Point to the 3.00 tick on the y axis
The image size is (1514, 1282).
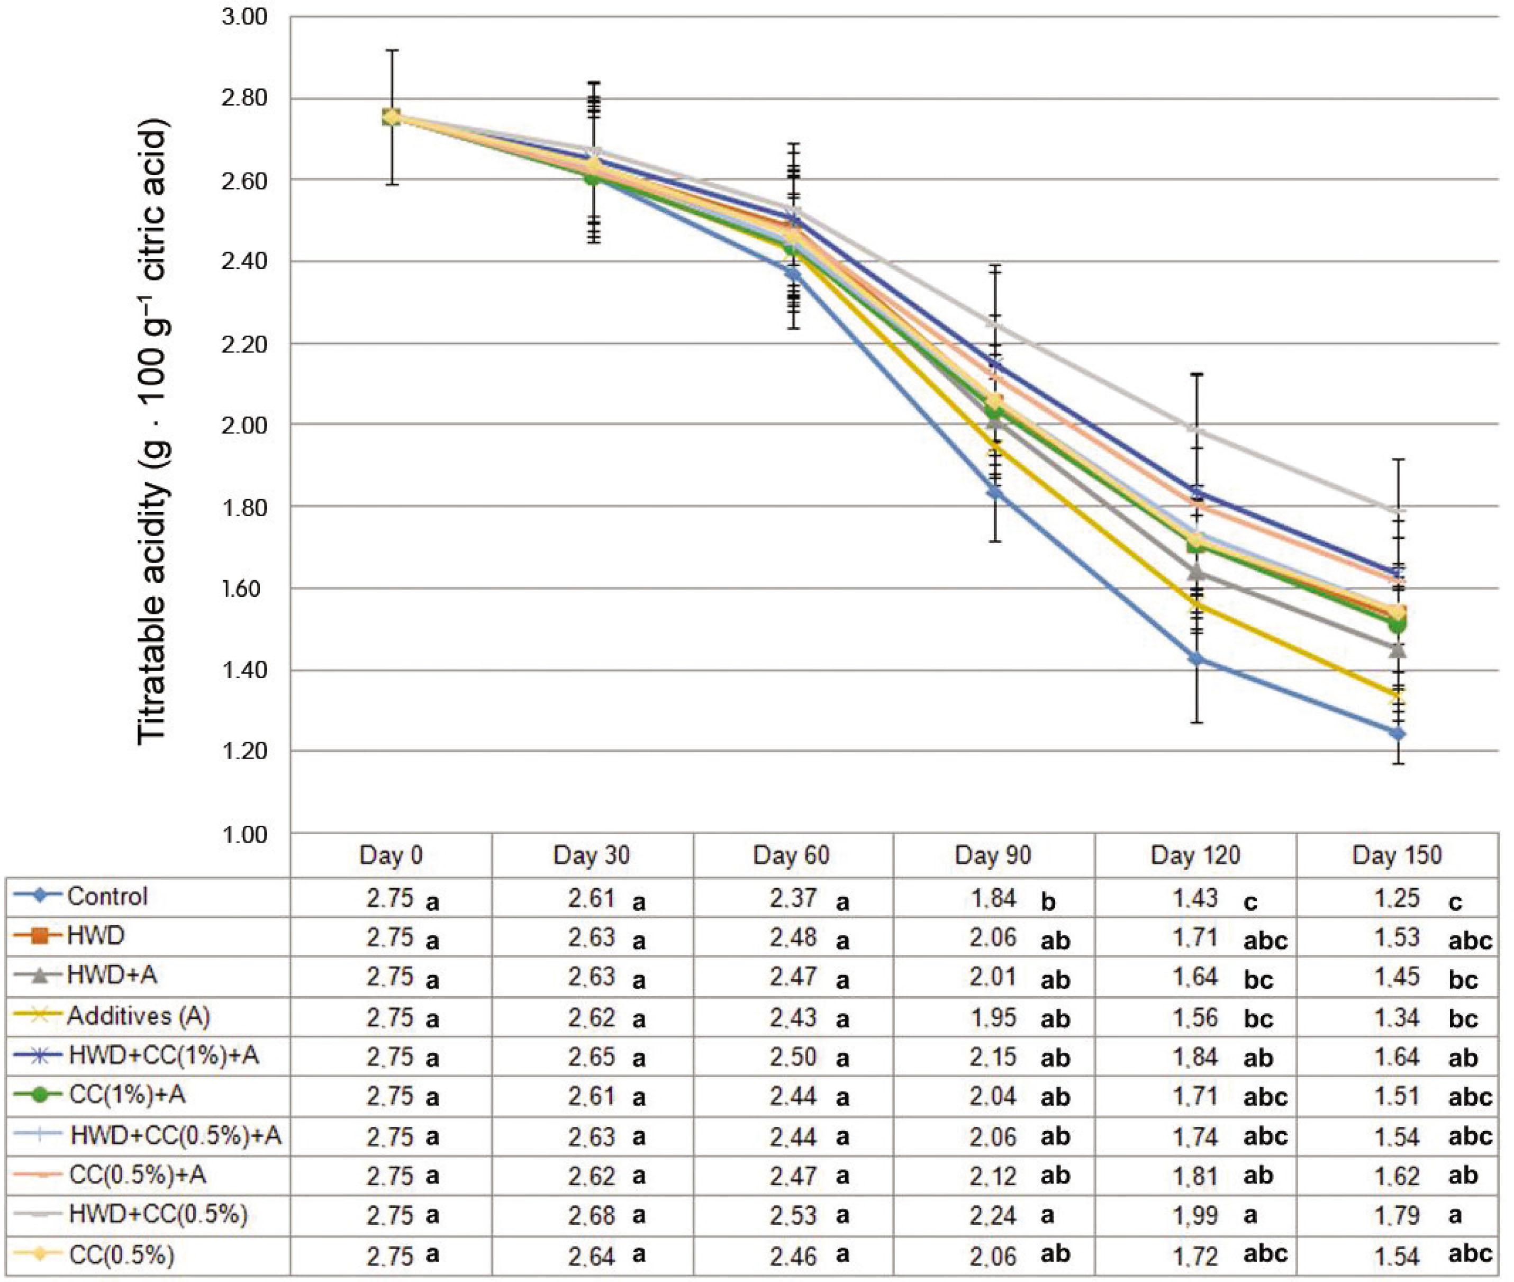point(243,16)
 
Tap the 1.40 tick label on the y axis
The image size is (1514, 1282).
point(243,670)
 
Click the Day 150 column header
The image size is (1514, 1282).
point(1397,855)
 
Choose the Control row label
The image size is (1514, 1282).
point(107,897)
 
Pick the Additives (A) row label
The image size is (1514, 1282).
point(138,1016)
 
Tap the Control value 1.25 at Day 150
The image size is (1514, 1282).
point(1397,898)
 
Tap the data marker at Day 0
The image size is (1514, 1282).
point(392,117)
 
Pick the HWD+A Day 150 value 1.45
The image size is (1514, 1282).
point(1397,977)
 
